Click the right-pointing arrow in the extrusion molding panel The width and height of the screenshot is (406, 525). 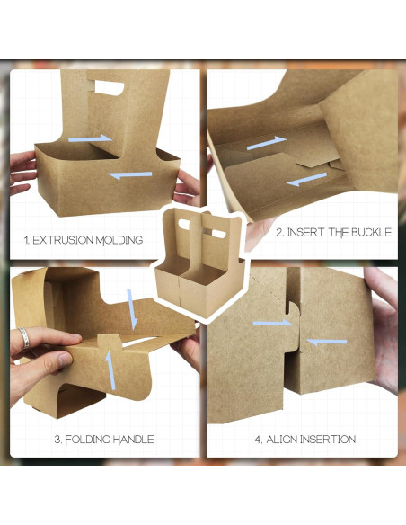pyautogui.click(x=92, y=138)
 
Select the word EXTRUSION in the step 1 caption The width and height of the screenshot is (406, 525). pyautogui.click(x=66, y=241)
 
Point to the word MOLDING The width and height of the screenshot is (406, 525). pyautogui.click(x=121, y=241)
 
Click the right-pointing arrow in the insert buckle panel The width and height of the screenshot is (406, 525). pyautogui.click(x=266, y=143)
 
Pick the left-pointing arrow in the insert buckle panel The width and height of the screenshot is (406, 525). pyautogui.click(x=307, y=180)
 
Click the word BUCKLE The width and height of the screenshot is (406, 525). pyautogui.click(x=368, y=232)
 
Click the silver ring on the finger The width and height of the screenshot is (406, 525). pyautogui.click(x=24, y=338)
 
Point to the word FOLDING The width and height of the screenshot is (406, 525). pyautogui.click(x=87, y=440)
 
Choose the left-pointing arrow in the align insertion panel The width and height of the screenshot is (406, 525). pyautogui.click(x=327, y=342)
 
